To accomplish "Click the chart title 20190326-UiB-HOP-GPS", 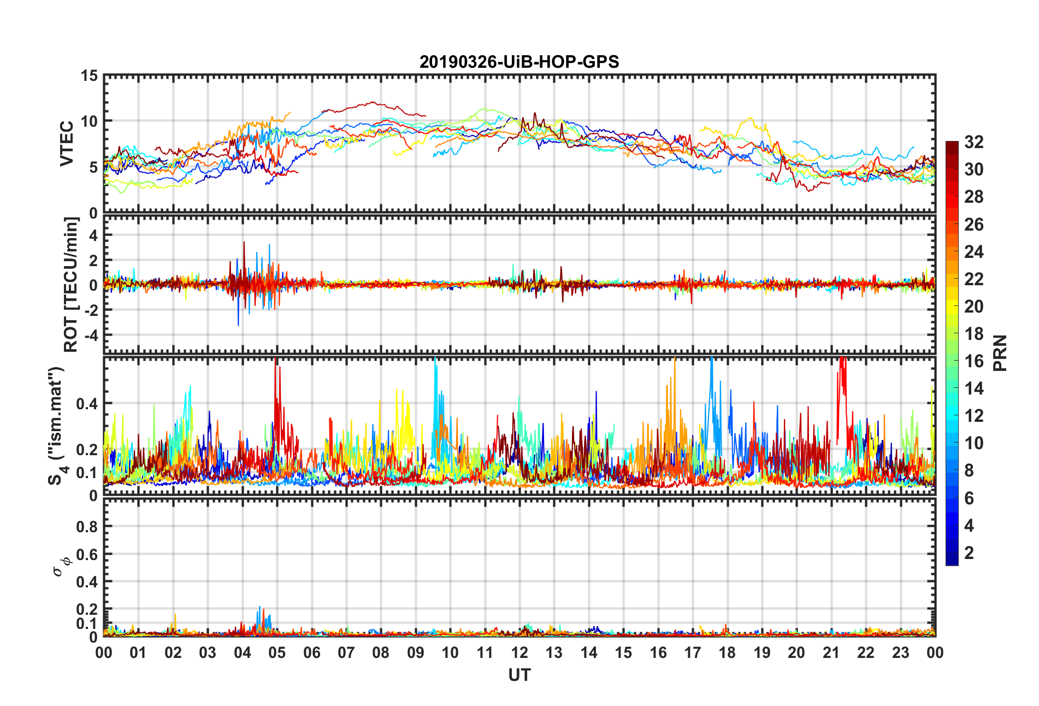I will pyautogui.click(x=519, y=62).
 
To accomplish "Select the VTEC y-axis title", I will pyautogui.click(x=67, y=144).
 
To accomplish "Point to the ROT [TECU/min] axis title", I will pyautogui.click(x=71, y=285).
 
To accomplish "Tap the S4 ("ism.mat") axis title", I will pyautogui.click(x=56, y=426).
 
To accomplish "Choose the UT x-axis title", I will pyautogui.click(x=519, y=675).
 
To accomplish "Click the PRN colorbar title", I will pyautogui.click(x=1000, y=353).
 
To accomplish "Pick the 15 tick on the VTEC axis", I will pyautogui.click(x=89, y=76).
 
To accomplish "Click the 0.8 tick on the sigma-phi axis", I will pyautogui.click(x=87, y=527).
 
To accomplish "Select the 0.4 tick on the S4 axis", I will pyautogui.click(x=87, y=404).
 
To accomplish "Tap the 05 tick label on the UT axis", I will pyautogui.click(x=277, y=652).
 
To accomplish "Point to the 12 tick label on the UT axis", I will pyautogui.click(x=519, y=652).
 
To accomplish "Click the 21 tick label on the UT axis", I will pyautogui.click(x=831, y=652).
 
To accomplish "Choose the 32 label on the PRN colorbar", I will pyautogui.click(x=973, y=143).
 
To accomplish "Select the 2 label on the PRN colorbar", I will pyautogui.click(x=969, y=553).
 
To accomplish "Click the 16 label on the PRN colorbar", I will pyautogui.click(x=973, y=361).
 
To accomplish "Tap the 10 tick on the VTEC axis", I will pyautogui.click(x=89, y=121).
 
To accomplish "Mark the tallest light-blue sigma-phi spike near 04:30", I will pyautogui.click(x=259, y=607).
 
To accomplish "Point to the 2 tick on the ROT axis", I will pyautogui.click(x=93, y=260).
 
